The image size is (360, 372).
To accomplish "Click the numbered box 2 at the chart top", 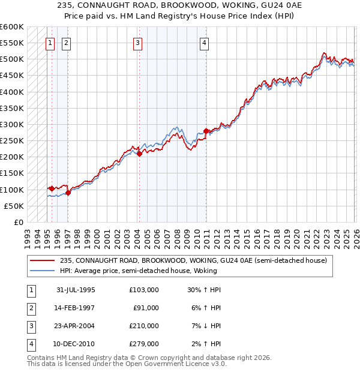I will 65,43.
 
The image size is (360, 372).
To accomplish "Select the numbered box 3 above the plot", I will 137,43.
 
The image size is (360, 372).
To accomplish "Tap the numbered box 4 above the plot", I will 205,43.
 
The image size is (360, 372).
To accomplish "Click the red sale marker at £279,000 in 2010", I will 206,131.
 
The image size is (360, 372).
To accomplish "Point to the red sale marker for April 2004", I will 139,154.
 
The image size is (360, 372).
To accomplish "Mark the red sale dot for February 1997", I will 68,193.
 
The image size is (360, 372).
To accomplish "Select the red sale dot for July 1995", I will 52,188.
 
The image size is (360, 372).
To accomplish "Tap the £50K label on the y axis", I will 14,206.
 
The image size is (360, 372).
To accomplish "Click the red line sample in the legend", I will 43,260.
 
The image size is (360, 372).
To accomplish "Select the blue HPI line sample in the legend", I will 43,271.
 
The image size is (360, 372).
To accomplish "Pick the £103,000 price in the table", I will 143,290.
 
